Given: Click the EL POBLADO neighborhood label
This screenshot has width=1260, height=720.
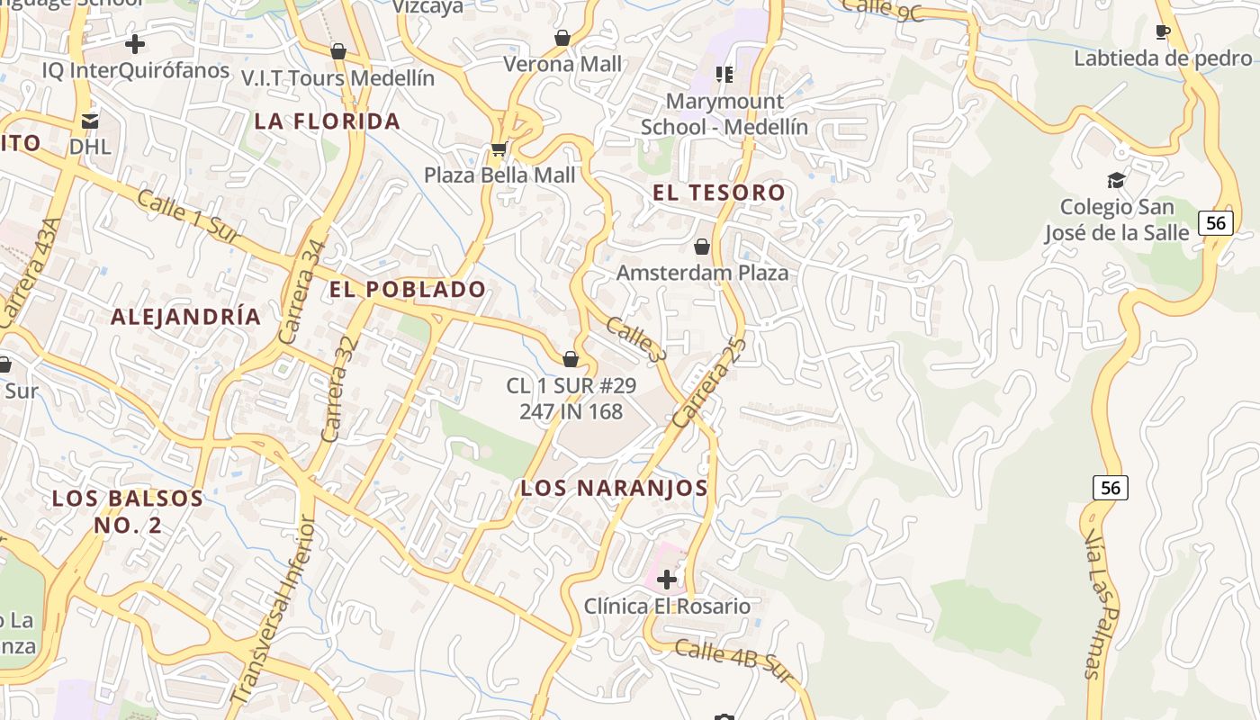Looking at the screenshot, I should tap(408, 289).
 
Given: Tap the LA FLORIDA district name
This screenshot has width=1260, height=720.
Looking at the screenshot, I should tap(328, 121).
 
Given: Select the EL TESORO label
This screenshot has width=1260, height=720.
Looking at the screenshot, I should tap(719, 192).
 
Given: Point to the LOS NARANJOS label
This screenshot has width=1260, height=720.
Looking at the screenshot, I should tap(615, 488).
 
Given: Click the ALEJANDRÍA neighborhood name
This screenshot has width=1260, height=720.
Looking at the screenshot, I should tap(186, 316).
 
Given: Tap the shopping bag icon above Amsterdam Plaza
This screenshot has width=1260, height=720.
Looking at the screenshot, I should tap(702, 246).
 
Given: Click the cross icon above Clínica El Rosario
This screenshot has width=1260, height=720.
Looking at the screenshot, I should tap(667, 580).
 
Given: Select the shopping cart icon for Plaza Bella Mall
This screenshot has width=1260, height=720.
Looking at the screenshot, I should tap(499, 148).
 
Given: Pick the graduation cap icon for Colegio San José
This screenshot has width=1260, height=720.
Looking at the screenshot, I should tap(1117, 180).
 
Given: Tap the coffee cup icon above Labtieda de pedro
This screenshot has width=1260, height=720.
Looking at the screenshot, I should tap(1163, 32).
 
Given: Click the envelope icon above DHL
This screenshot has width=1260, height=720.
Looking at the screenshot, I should tap(90, 120).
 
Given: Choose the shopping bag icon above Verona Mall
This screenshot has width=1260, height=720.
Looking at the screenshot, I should tap(562, 38).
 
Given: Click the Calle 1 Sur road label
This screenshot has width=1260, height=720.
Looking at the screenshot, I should tap(185, 214).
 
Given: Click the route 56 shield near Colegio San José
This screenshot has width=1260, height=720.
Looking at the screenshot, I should tap(1216, 222).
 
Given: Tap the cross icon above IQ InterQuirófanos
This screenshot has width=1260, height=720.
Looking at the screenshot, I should tap(135, 43).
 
